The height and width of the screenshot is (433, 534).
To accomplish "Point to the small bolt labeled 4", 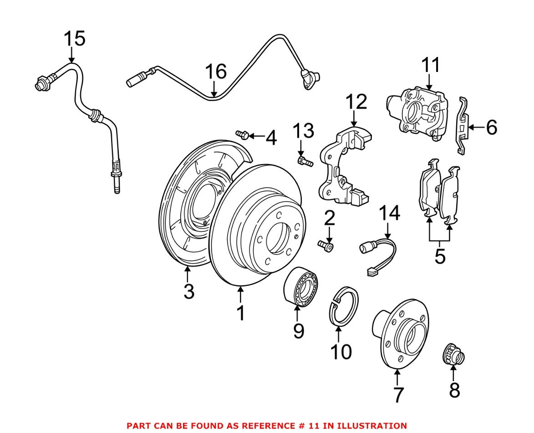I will click(x=241, y=134).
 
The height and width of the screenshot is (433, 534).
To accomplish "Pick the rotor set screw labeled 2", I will click(x=325, y=246).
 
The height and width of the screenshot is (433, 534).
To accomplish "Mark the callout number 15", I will click(x=74, y=39).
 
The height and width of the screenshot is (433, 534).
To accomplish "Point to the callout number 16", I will click(x=215, y=72).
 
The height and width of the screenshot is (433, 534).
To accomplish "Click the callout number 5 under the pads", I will click(x=439, y=256).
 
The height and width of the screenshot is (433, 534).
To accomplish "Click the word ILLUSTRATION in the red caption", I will click(x=371, y=426).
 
